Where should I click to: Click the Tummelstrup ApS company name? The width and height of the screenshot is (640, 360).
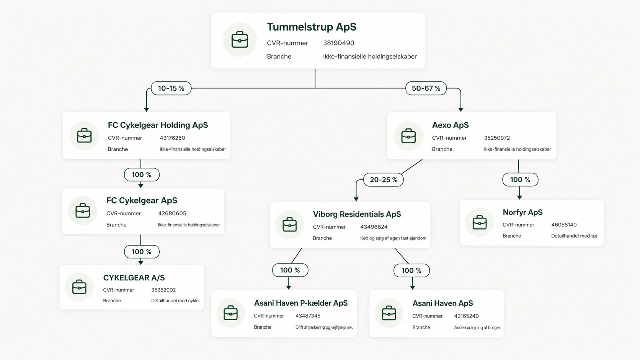[312, 27]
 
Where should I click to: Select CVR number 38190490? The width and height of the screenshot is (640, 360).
[339, 43]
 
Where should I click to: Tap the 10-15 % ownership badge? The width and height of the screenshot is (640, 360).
[171, 88]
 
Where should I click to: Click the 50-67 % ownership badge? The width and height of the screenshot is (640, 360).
[426, 88]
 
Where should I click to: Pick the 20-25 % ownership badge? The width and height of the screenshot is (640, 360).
[384, 179]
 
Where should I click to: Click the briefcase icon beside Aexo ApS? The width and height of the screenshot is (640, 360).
[408, 136]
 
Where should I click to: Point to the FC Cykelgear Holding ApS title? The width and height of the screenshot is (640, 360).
[158, 125]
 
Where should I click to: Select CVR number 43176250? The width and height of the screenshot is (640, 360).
[172, 138]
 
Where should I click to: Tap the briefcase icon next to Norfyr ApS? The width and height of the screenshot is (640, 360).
[480, 222]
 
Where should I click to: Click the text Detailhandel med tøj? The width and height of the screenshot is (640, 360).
[574, 236]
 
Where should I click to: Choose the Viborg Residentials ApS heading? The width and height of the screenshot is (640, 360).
[357, 214]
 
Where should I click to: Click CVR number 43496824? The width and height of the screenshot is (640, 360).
[374, 227]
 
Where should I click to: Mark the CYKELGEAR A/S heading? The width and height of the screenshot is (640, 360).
[134, 278]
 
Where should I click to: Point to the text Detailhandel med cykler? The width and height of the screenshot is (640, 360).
[175, 301]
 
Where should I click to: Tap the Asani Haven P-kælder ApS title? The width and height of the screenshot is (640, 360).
[300, 303]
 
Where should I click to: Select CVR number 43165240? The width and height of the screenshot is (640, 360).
[466, 316]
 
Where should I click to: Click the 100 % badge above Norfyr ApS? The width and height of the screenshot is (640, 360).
[520, 179]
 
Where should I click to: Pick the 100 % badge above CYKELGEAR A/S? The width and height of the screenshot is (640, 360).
[142, 251]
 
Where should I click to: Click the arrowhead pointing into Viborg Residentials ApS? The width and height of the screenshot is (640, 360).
[356, 199]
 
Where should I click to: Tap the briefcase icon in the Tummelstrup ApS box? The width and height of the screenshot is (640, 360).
[240, 40]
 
